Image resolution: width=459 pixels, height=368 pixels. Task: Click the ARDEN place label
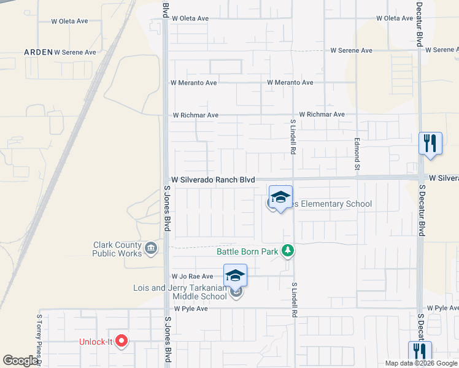(x=38, y=52)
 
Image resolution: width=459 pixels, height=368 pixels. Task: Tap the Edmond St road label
(x=357, y=153)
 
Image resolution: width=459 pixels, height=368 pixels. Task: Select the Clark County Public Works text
(x=117, y=249)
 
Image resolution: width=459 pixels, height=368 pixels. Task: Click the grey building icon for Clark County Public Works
(x=151, y=248)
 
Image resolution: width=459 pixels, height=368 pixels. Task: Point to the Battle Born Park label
(x=247, y=251)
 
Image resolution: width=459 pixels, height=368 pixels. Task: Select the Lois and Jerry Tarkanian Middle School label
(x=180, y=293)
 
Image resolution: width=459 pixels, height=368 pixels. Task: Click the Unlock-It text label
(x=96, y=342)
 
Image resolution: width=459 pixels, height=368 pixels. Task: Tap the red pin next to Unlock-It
(x=121, y=341)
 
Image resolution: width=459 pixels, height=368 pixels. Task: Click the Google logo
(x=20, y=361)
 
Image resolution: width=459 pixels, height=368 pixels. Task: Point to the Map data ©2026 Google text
(x=420, y=363)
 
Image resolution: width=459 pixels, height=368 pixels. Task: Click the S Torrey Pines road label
(x=38, y=340)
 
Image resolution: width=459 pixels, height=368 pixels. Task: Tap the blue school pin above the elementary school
(x=280, y=197)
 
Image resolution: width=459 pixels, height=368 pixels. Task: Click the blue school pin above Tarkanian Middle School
(x=236, y=276)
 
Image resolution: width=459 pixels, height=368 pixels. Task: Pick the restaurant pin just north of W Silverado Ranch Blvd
(x=430, y=144)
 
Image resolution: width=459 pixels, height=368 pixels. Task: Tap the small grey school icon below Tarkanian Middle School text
(x=237, y=293)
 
